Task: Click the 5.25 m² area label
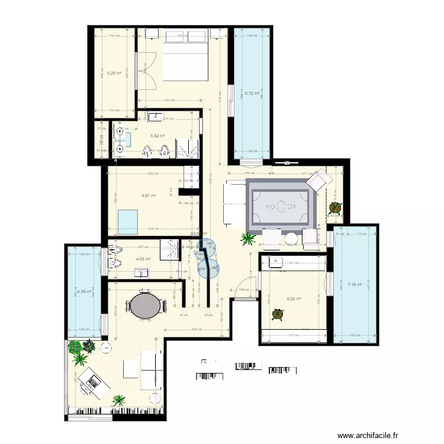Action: pos(114,73)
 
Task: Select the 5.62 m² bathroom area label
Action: pos(157,136)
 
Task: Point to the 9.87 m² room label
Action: pos(149,195)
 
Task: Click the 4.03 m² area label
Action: pos(143,259)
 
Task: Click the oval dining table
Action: pos(144,307)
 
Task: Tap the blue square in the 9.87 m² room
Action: pos(129,221)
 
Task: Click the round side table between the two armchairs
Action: pos(290,238)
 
